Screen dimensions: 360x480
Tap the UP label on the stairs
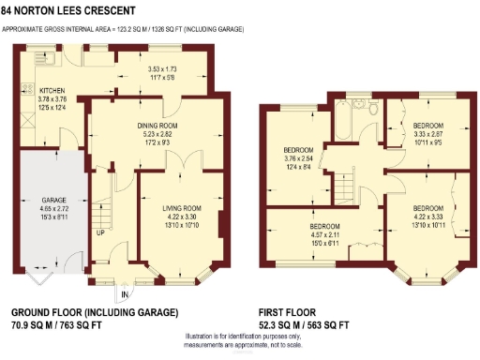[98, 232]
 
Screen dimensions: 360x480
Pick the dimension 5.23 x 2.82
[158, 134]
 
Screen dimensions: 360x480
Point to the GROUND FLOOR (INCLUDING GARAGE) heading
[94, 312]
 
